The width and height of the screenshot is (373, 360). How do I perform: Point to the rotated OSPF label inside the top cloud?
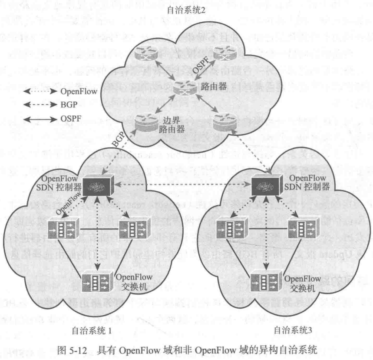click(x=198, y=67)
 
